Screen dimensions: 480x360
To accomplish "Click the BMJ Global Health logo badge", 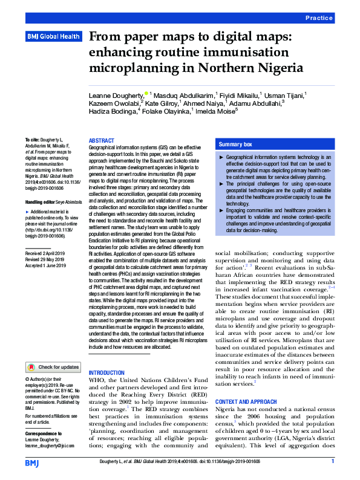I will [53, 36].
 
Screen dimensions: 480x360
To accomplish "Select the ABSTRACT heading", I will [101, 140].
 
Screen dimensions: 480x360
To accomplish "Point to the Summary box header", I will [235, 145].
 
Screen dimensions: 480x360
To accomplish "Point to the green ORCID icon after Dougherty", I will [147, 94].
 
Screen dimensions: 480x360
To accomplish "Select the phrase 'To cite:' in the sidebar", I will [34, 140].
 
